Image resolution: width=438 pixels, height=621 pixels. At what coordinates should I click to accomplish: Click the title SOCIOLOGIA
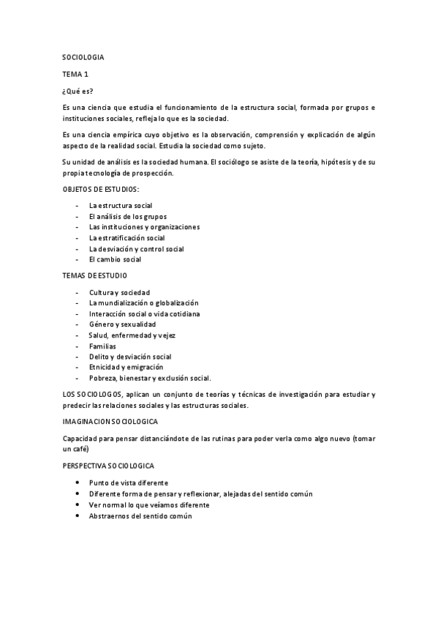click(x=83, y=56)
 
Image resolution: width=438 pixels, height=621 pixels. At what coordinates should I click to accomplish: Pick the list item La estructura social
click(x=121, y=206)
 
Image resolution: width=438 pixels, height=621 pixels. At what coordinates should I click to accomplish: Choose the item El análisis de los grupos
click(x=127, y=217)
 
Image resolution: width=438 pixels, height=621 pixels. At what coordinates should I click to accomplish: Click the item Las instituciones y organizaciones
click(x=144, y=227)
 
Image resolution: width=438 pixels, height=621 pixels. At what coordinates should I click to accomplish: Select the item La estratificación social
click(x=127, y=238)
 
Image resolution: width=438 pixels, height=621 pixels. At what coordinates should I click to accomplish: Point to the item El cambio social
click(x=115, y=259)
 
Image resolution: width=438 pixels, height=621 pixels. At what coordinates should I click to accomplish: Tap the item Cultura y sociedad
click(x=119, y=292)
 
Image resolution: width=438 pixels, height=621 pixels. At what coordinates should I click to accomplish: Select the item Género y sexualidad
click(x=122, y=324)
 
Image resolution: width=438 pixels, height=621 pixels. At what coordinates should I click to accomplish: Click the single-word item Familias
click(x=102, y=346)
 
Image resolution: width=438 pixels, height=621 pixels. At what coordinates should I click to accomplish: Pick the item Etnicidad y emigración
click(x=126, y=367)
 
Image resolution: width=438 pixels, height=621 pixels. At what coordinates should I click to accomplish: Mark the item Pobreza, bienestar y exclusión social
click(x=149, y=378)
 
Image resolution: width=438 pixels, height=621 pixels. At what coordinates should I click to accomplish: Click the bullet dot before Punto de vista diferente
click(x=78, y=483)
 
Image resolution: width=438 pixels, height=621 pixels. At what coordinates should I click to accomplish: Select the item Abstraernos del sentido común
click(x=140, y=516)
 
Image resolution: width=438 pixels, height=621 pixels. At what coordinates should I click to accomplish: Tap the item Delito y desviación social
click(x=130, y=357)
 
